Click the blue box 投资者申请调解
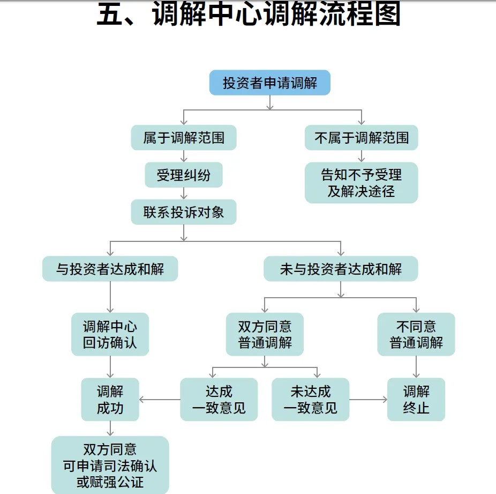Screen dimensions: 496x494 pos(270,83)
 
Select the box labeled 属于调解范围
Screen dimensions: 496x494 pos(184,138)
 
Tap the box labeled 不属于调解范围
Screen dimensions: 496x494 pos(361,138)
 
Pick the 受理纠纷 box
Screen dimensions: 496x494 pos(184,175)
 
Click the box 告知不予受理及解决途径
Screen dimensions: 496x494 pos(361,183)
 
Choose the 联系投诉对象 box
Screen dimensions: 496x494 pos(184,212)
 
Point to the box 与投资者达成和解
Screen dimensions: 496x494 pos(110,269)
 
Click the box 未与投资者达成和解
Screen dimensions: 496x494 pos(341,269)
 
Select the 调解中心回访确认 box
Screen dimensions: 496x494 pos(110,334)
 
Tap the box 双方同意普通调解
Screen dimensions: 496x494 pos(265,334)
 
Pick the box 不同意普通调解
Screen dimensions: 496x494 pos(416,334)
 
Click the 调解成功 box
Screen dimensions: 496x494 pos(110,400)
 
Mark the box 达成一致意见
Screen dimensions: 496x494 pos(219,400)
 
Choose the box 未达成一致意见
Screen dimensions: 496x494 pos(310,400)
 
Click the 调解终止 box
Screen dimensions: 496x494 pos(416,400)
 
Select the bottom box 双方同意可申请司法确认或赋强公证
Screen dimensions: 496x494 pos(110,465)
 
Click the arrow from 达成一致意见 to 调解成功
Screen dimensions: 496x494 pos(160,400)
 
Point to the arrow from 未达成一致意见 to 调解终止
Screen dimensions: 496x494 pos(368,400)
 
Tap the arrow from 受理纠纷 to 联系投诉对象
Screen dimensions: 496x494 pos(184,194)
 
